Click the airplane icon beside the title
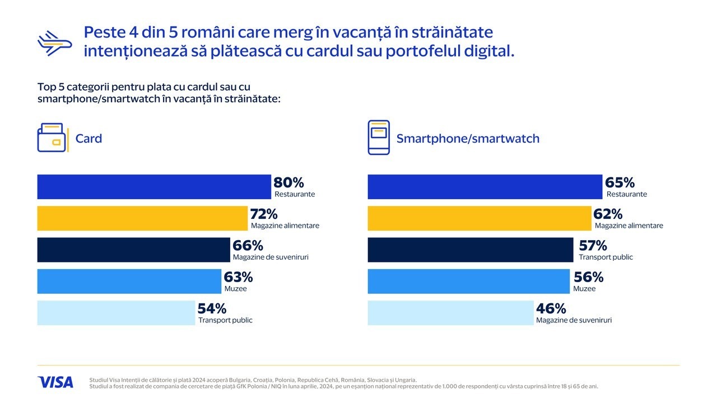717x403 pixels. point(55,43)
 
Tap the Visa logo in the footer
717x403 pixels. point(55,382)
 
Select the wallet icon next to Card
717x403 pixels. point(52,138)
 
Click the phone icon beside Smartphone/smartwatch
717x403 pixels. point(379,137)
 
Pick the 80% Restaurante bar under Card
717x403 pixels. point(154,187)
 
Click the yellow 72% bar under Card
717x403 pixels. point(142,218)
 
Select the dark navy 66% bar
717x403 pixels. point(133,250)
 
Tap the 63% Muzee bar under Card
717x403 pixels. point(129,281)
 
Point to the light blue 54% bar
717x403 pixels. point(116,313)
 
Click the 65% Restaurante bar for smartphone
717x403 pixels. point(485,187)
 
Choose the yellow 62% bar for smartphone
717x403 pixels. point(479,218)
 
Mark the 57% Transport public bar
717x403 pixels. point(471,250)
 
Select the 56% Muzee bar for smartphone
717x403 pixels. point(468,281)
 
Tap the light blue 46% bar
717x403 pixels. point(450,313)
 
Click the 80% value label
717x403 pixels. point(288,182)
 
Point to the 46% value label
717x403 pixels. point(551,308)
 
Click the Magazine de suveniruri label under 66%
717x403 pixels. point(271,257)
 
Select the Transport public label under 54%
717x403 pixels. point(225,320)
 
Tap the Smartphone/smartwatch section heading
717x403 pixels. point(468,138)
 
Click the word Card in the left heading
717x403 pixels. point(89,138)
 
